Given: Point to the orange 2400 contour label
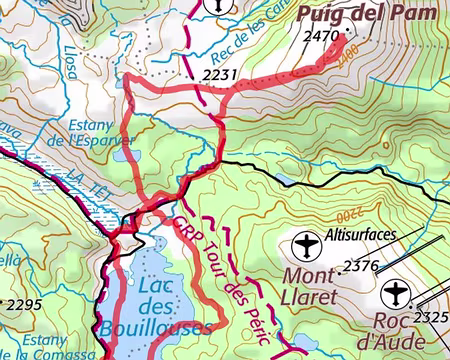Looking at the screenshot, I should click(347, 62).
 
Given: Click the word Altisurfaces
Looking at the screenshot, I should click(361, 236).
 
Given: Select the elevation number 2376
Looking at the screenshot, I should click(361, 266).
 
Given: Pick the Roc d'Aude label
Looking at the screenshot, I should click(392, 332).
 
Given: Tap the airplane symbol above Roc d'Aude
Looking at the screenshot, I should click(396, 293).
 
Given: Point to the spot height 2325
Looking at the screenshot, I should click(433, 319).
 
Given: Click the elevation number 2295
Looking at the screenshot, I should click(22, 303).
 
